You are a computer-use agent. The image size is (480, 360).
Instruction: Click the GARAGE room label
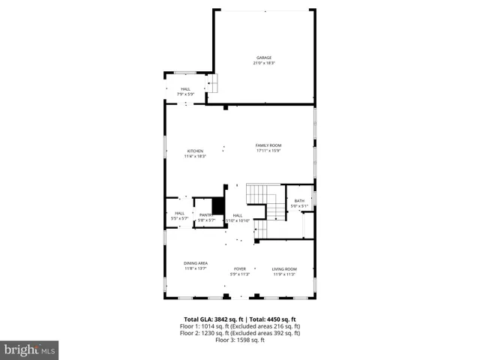(264, 58)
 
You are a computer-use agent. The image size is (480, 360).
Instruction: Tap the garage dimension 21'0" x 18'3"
(264, 63)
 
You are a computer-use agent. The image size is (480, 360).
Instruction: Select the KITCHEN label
(195, 151)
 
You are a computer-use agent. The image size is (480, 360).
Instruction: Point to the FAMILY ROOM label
(268, 145)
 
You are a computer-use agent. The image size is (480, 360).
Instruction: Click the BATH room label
(299, 201)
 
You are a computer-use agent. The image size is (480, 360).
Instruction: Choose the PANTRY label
(206, 214)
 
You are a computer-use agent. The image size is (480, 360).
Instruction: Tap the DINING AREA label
(196, 263)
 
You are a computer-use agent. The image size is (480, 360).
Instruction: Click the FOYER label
(240, 268)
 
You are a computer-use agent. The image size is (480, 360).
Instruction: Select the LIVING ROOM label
(284, 268)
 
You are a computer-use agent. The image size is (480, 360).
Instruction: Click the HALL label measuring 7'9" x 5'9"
(185, 88)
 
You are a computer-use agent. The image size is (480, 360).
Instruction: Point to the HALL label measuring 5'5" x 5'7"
(180, 213)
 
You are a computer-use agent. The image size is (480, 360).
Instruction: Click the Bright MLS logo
(30, 349)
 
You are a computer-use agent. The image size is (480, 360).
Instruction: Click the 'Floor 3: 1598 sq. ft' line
(240, 340)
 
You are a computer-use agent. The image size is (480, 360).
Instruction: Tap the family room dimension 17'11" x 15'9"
(268, 151)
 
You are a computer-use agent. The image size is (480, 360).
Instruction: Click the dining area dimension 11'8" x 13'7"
(196, 268)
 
